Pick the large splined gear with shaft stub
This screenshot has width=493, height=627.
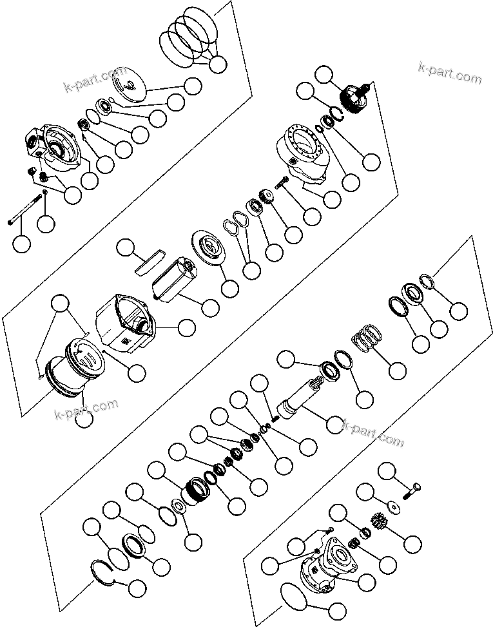tap(354, 99)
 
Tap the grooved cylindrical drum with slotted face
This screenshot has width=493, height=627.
tap(73, 367)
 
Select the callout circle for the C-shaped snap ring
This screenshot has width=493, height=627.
tap(137, 587)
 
